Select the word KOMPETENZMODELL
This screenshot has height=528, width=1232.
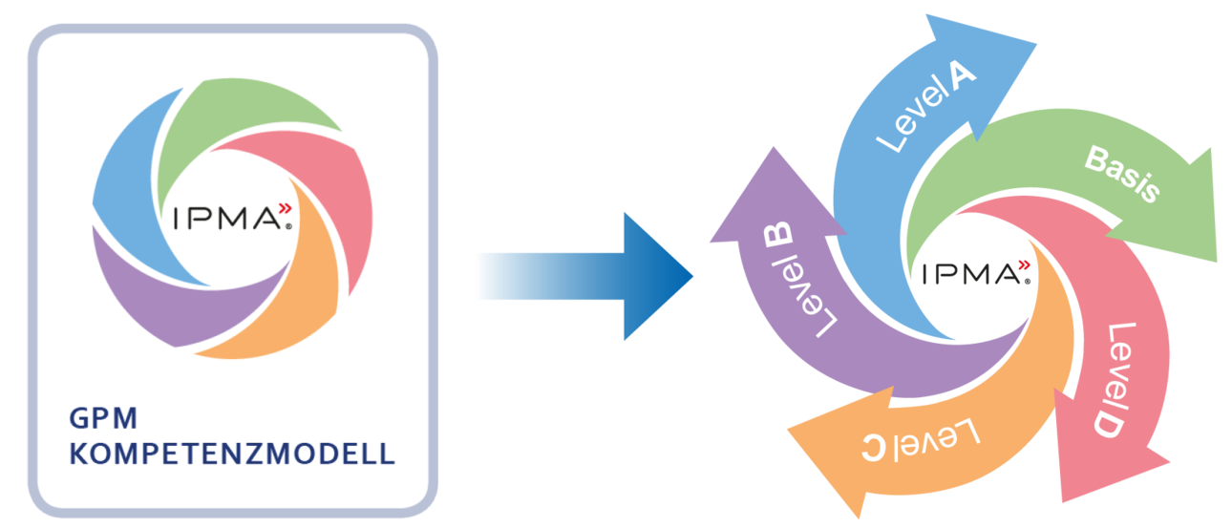point(232,453)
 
